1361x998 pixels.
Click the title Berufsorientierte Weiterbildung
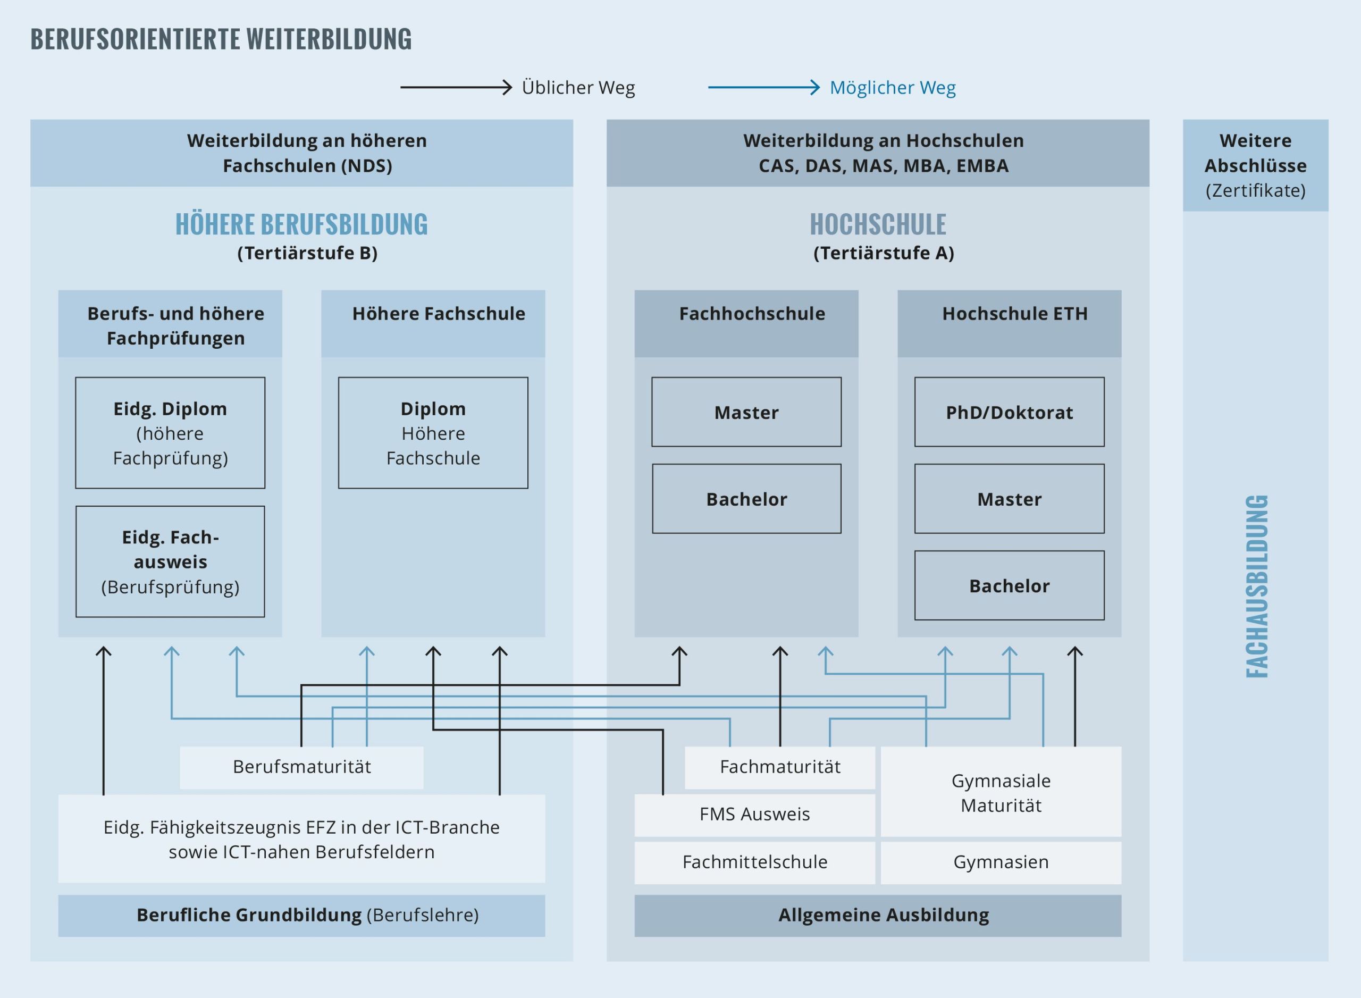[221, 39]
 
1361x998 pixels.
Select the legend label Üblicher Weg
[578, 88]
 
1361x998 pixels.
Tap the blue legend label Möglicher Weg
[892, 88]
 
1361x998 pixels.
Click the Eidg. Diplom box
[170, 433]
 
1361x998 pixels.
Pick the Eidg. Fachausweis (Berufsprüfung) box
[170, 561]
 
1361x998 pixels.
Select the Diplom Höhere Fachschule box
[433, 433]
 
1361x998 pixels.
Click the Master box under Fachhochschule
[746, 412]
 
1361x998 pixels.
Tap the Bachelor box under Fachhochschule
[746, 498]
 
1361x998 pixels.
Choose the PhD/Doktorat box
[1009, 412]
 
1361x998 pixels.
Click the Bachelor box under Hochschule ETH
[1009, 585]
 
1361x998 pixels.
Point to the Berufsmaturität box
[301, 767]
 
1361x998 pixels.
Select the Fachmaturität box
[779, 767]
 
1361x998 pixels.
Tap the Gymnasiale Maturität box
[1001, 792]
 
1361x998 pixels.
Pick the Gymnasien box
[1001, 861]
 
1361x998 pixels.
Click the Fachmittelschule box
[754, 861]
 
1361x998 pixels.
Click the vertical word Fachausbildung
[1256, 585]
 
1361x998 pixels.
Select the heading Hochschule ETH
[1014, 314]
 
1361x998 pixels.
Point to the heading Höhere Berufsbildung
[301, 225]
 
